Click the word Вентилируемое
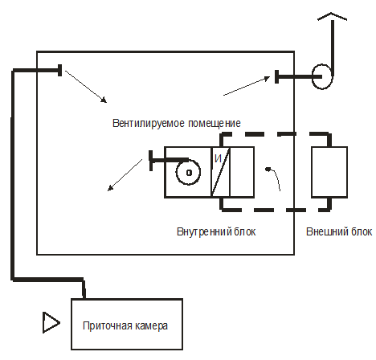tap(149, 124)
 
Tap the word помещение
tap(215, 124)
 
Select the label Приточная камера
tap(125, 326)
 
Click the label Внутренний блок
tap(216, 231)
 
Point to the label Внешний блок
tap(339, 231)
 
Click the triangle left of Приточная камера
tap(51, 323)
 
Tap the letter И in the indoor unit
tap(218, 158)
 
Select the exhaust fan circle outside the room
tap(322, 76)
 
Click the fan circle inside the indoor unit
tap(188, 172)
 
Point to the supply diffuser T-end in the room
tap(60, 70)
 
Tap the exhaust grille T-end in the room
tap(276, 76)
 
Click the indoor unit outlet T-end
tap(151, 161)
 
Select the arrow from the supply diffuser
tap(86, 87)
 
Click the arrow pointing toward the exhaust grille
tap(247, 86)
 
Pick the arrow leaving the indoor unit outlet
tap(125, 175)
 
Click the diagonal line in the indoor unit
tap(221, 172)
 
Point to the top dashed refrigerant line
tap(275, 134)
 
